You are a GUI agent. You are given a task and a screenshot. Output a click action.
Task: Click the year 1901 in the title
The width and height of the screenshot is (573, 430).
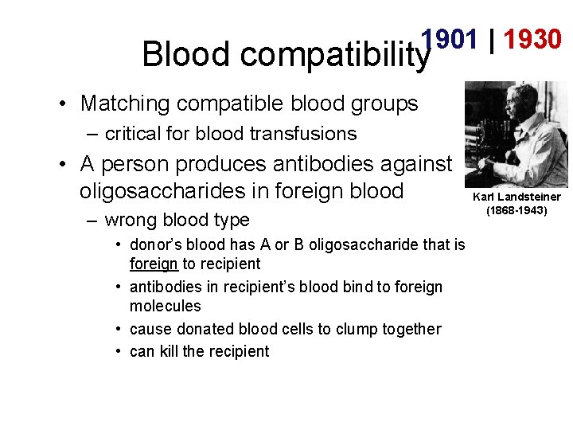[450, 37]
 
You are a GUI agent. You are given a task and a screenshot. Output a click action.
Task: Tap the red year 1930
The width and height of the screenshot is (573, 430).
[532, 37]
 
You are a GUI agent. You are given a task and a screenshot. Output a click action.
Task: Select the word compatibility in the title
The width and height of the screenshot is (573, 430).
[333, 55]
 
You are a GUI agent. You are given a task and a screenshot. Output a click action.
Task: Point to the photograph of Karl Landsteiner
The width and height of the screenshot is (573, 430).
[516, 133]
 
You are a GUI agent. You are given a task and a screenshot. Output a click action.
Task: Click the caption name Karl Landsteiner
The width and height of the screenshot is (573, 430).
[516, 197]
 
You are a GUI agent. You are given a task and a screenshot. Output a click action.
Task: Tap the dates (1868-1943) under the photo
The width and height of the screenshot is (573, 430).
[516, 211]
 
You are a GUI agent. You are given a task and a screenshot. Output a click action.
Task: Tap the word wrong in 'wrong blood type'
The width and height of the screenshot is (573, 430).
[125, 220]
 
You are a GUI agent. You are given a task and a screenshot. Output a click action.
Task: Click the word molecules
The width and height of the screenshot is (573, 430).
[166, 306]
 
